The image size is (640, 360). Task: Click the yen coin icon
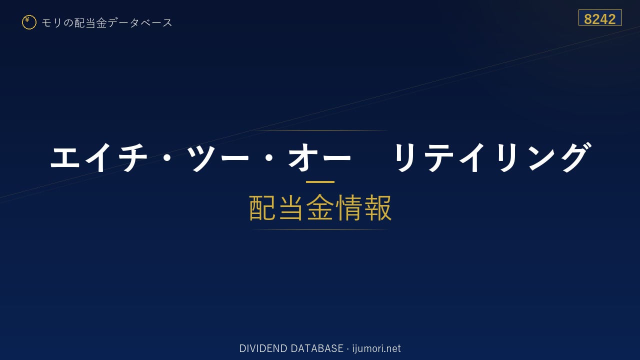pyautogui.click(x=29, y=22)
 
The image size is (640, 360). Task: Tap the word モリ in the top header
pyautogui.click(x=51, y=22)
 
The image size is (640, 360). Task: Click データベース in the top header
pyautogui.click(x=140, y=23)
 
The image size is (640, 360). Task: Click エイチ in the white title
pyautogui.click(x=99, y=157)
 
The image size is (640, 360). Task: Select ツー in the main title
pyautogui.click(x=217, y=157)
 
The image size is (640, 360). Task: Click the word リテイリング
pyautogui.click(x=492, y=157)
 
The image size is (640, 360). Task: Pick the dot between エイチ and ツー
pyautogui.click(x=167, y=157)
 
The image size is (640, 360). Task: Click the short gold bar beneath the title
pyautogui.click(x=320, y=181)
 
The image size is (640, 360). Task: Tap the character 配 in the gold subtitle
pyautogui.click(x=262, y=207)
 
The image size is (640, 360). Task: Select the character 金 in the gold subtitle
pyautogui.click(x=320, y=207)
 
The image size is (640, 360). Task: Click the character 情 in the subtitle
pyautogui.click(x=348, y=207)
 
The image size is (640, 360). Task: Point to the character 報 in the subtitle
pyautogui.click(x=377, y=207)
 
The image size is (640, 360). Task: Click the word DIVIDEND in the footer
pyautogui.click(x=263, y=348)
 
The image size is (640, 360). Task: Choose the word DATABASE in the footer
pyautogui.click(x=317, y=348)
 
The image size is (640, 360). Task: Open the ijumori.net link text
pyautogui.click(x=376, y=349)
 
